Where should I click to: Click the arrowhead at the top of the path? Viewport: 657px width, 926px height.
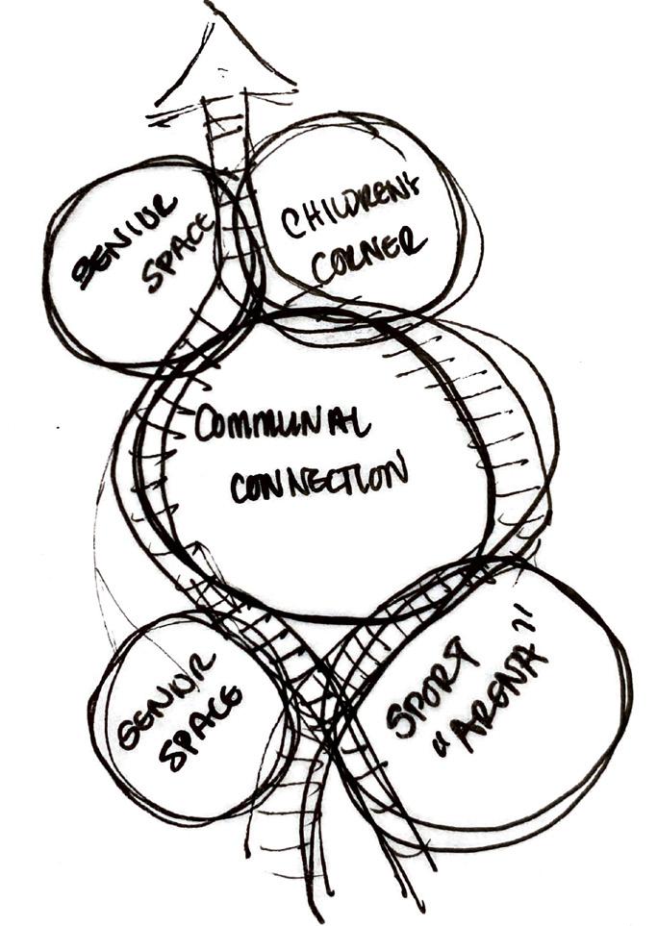(x=225, y=53)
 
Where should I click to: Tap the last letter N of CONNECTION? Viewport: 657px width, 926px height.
(x=397, y=470)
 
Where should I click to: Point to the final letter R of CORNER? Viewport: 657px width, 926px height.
(x=415, y=240)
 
